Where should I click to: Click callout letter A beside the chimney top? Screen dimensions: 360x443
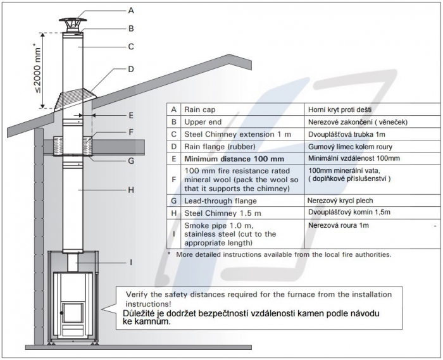[x=130, y=10]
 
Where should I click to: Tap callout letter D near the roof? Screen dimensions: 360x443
[x=130, y=69]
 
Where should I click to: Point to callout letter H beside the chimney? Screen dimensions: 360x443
[x=130, y=189]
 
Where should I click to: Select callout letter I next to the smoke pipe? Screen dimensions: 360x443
[x=130, y=261]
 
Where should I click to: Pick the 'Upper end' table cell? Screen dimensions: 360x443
[x=204, y=121]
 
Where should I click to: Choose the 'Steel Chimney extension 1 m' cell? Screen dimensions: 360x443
[x=235, y=134]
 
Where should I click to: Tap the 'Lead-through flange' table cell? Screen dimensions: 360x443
[x=221, y=201]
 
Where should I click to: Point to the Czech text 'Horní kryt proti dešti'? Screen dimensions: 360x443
[x=343, y=109]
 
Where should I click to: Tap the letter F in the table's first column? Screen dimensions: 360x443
[x=173, y=179]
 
